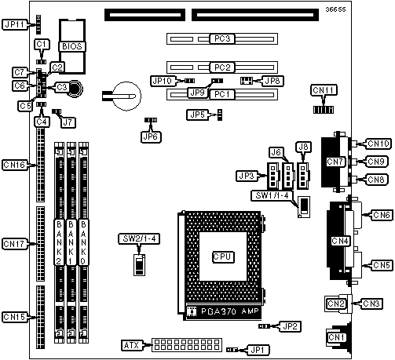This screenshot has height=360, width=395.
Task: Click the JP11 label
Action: click(x=15, y=24)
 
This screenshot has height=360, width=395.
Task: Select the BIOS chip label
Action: click(x=72, y=46)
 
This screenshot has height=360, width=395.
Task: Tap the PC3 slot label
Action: click(x=222, y=38)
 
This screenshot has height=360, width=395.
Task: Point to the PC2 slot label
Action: click(x=222, y=67)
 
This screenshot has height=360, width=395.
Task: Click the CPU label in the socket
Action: click(x=223, y=256)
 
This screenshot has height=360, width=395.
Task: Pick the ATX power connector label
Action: click(x=132, y=345)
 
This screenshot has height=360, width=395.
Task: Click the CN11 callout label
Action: click(x=324, y=90)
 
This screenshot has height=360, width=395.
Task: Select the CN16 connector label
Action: click(x=15, y=165)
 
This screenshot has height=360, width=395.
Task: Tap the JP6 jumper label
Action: click(x=151, y=136)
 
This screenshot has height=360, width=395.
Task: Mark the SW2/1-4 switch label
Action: click(x=139, y=238)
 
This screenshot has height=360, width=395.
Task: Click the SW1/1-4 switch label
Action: click(x=272, y=195)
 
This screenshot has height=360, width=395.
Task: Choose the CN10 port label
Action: click(x=379, y=144)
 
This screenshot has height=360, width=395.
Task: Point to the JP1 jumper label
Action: click(x=258, y=350)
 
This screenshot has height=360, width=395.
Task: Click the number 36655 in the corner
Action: click(x=335, y=9)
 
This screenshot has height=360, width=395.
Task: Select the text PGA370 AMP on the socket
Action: click(x=230, y=311)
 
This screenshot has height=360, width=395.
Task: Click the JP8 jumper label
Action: click(x=272, y=81)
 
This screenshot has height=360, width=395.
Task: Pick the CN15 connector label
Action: click(x=15, y=317)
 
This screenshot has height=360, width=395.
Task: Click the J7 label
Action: click(x=68, y=122)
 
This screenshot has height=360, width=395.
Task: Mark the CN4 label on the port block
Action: click(x=340, y=241)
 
